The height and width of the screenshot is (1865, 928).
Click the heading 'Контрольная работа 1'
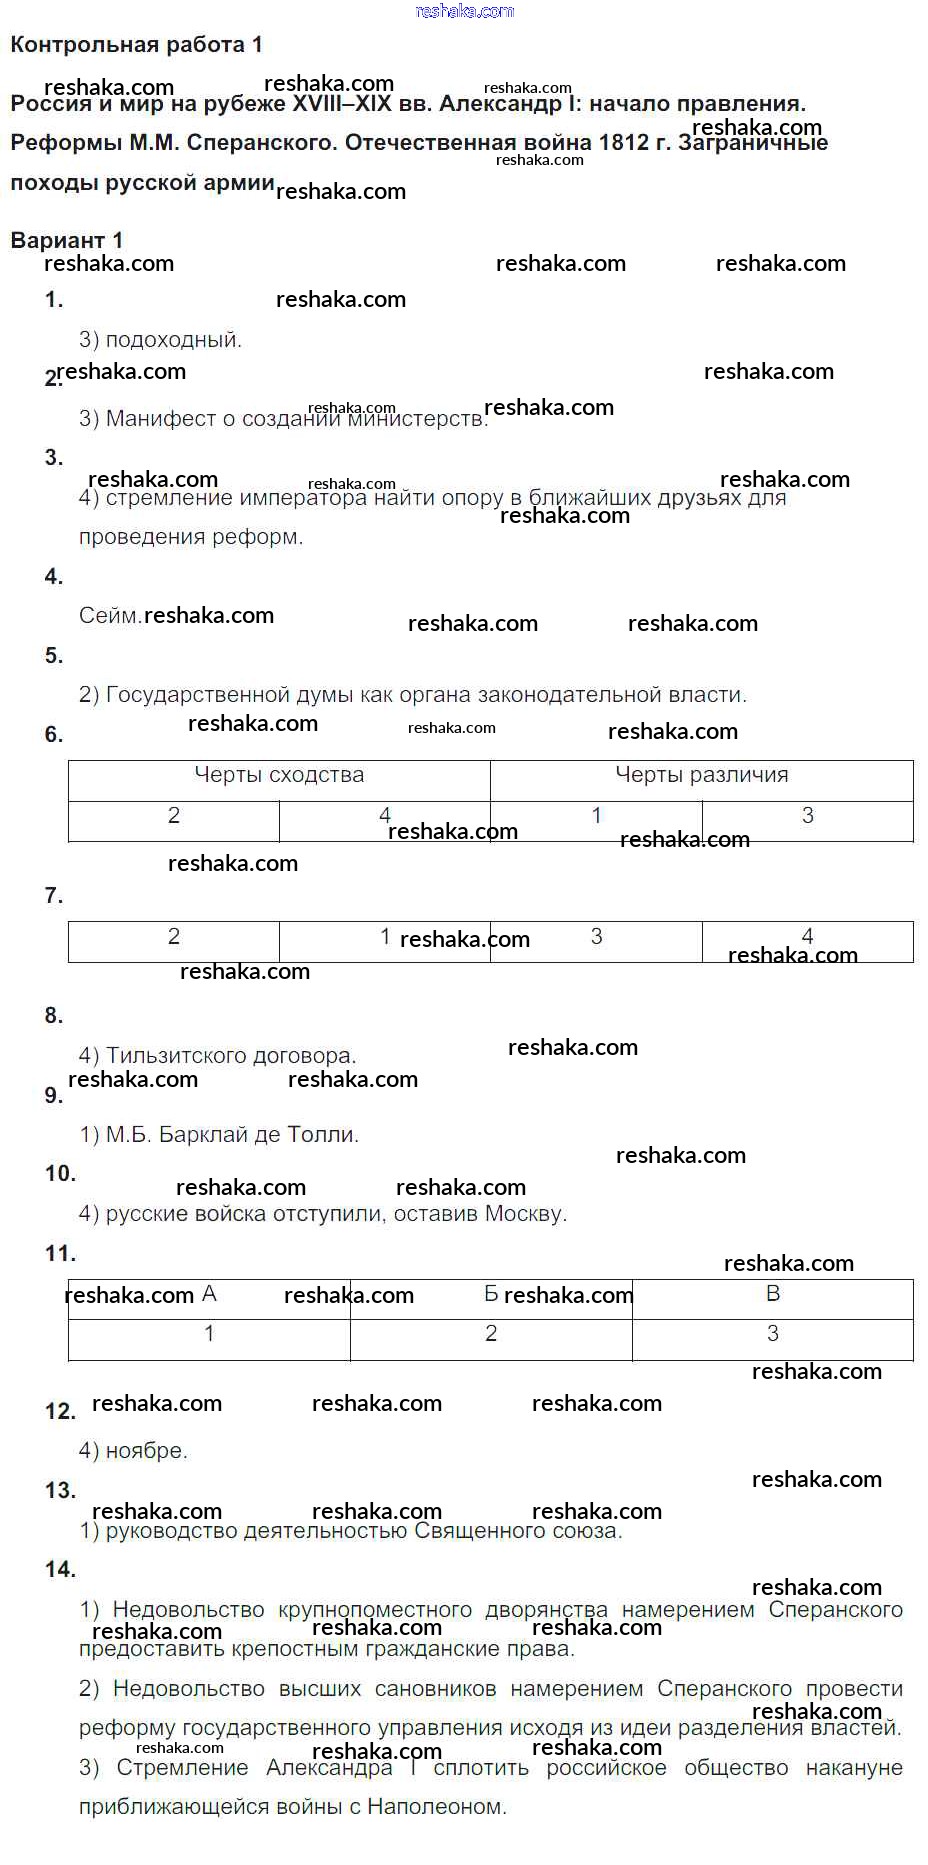[x=136, y=45]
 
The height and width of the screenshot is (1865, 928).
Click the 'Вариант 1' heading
[x=66, y=240]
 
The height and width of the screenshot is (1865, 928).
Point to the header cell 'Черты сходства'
[x=279, y=775]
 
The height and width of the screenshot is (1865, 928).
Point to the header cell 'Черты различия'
[x=701, y=775]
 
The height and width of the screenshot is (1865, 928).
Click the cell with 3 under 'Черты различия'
[x=807, y=816]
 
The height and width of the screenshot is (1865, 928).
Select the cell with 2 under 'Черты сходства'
[x=174, y=816]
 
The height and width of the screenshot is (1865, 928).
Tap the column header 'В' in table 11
[x=772, y=1294]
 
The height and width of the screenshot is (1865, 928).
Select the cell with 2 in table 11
[x=491, y=1334]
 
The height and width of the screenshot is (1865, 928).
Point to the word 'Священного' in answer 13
[x=475, y=1531]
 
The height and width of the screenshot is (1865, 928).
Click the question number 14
[x=60, y=1570]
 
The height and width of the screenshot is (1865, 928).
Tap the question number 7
[x=54, y=896]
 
